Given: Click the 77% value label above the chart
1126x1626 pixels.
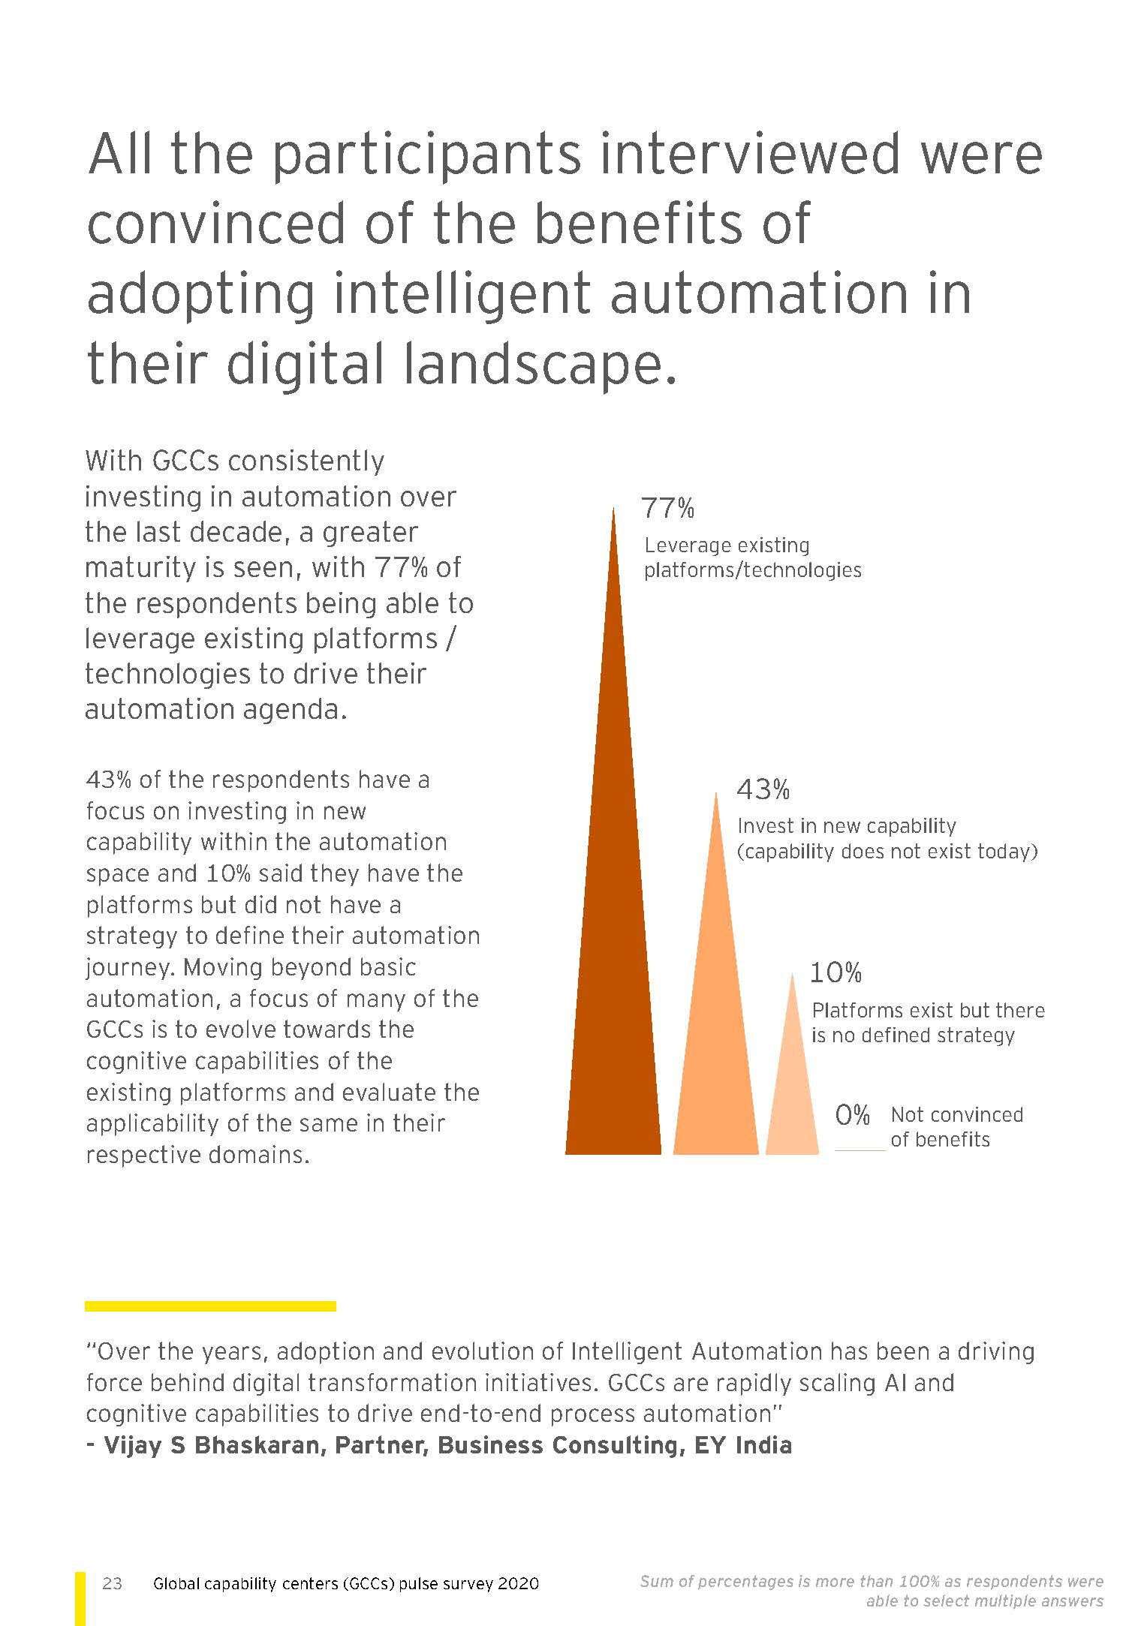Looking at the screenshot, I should (667, 509).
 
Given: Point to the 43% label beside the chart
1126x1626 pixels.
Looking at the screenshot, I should (763, 789).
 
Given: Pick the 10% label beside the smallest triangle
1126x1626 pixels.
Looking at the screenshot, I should (835, 973).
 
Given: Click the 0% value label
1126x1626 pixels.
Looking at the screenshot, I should (852, 1115).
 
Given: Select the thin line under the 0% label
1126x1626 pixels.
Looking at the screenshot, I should (860, 1150).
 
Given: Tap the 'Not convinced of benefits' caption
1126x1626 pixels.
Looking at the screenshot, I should (956, 1127).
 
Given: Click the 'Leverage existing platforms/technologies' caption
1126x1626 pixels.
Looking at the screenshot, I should (752, 558).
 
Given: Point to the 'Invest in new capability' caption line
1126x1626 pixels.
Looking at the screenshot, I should (847, 826).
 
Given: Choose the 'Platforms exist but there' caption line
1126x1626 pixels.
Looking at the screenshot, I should (928, 1010).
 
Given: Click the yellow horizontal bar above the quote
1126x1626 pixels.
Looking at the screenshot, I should (210, 1306).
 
